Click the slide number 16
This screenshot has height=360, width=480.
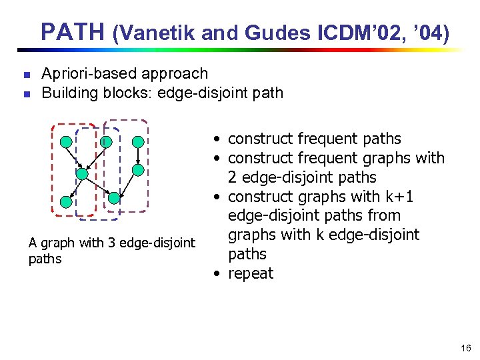tap(465, 348)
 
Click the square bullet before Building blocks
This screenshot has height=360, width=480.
tap(25, 94)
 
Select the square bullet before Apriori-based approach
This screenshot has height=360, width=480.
tap(25, 75)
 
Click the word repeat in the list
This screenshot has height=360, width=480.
tap(251, 273)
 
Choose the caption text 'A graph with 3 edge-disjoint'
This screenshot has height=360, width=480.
tap(112, 243)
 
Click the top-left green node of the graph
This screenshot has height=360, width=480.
tap(65, 141)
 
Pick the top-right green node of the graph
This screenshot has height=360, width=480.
tap(137, 141)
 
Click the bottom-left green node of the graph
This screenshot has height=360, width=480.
tap(65, 201)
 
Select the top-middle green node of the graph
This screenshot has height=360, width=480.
tap(105, 141)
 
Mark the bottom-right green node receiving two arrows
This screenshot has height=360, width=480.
tap(114, 197)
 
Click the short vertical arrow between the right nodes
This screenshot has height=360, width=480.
tap(137, 156)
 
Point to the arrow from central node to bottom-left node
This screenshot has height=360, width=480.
tap(73, 187)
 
